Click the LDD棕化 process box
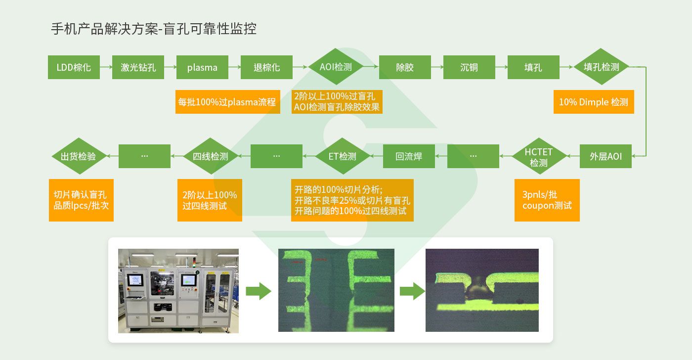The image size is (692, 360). coord(74,67)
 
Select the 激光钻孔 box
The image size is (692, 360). coord(138,67)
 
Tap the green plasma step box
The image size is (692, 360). coord(202,67)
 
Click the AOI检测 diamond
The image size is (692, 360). coord(336,67)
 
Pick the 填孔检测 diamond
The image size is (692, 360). coord(601,67)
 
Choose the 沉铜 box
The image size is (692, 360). coord(469,67)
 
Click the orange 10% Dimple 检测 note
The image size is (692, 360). coord(593,102)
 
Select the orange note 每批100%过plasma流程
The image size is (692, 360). coord(227,102)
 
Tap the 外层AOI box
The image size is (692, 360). coord(605,156)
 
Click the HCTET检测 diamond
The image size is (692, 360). coord(538,156)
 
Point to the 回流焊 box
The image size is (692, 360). coord(409,156)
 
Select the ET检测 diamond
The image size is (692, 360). coord(342,156)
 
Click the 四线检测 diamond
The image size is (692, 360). coord(210,156)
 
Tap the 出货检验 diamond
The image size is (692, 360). coord(78,156)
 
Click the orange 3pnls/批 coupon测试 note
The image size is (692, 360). coord(547,200)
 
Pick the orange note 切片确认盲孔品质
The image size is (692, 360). coord(81,200)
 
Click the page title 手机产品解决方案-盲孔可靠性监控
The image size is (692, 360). coord(154,29)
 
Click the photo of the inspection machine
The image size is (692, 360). coord(178,290)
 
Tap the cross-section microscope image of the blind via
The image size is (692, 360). coord(482,290)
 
